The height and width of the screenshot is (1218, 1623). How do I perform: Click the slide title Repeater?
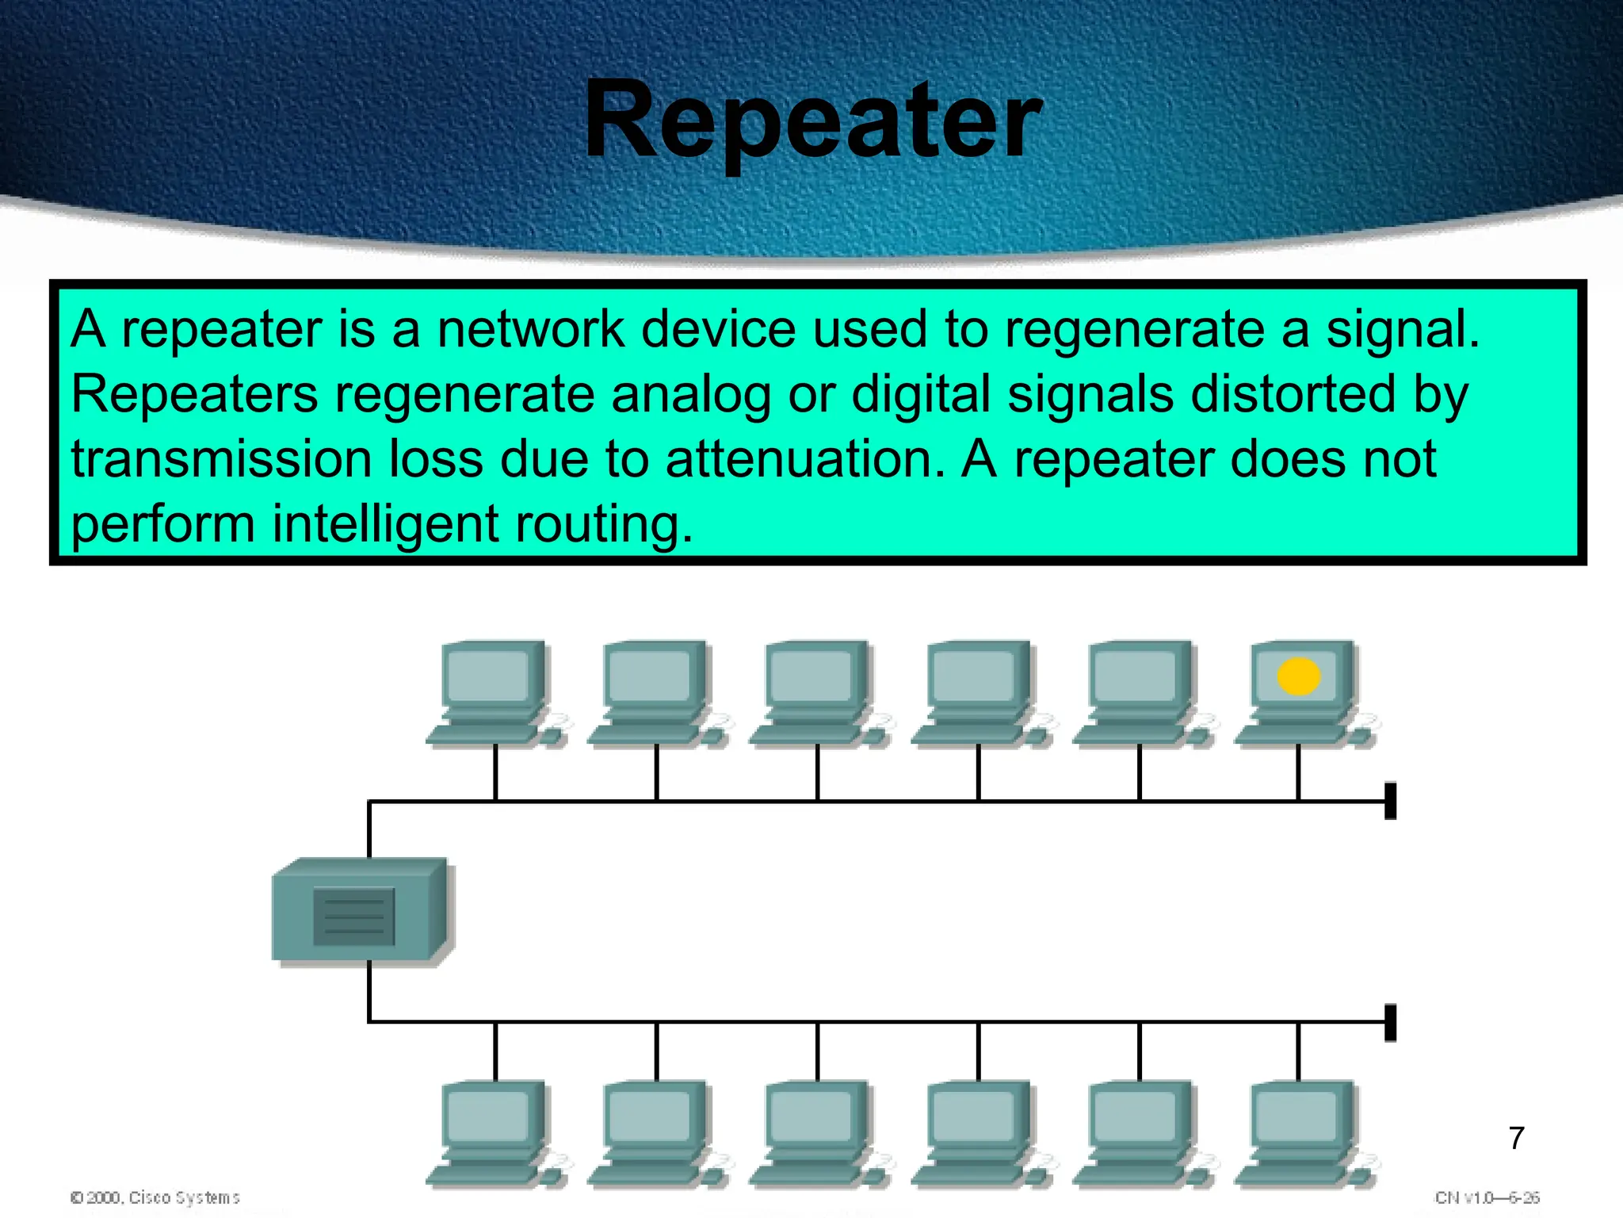click(812, 121)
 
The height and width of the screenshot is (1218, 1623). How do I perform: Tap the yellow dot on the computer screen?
click(1298, 676)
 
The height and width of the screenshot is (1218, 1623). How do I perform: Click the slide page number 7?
click(1516, 1138)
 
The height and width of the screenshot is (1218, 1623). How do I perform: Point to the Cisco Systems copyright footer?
click(155, 1197)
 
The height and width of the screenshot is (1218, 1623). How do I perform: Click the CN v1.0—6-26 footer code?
click(1487, 1197)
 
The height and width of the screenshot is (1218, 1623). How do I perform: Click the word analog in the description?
click(690, 394)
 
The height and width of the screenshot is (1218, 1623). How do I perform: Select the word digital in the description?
click(920, 394)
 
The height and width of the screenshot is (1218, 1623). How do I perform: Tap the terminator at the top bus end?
click(1389, 801)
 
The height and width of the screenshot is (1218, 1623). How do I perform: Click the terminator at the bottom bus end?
click(1389, 1022)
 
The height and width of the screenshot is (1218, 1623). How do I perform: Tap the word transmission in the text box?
click(221, 459)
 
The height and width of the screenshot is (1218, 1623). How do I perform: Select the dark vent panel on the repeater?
click(353, 917)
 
